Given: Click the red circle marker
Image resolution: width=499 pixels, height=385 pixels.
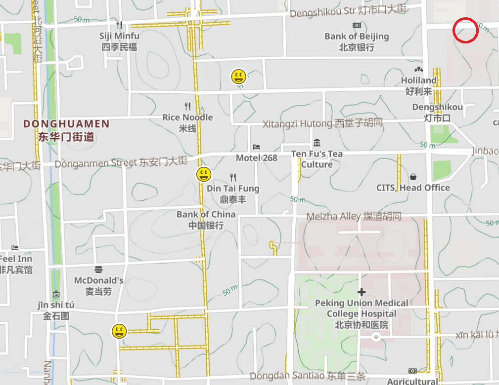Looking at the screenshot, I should (465, 30).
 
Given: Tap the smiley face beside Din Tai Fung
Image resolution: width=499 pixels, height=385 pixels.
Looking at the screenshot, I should (204, 174).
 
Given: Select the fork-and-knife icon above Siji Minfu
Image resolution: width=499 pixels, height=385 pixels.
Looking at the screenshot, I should (119, 24).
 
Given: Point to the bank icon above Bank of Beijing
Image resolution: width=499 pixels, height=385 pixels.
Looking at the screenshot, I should (357, 25).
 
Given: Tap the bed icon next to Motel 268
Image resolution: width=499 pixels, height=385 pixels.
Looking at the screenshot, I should (256, 147).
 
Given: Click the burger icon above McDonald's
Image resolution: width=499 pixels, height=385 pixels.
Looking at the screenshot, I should (98, 269).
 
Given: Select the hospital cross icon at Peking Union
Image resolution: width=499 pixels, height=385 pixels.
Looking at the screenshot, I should (362, 292).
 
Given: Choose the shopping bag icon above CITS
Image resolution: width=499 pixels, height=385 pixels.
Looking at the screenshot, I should (413, 177).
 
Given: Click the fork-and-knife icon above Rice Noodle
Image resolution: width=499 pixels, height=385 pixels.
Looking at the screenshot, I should (187, 106).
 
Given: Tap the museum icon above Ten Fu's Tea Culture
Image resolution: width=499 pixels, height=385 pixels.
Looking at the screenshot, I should (317, 143).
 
